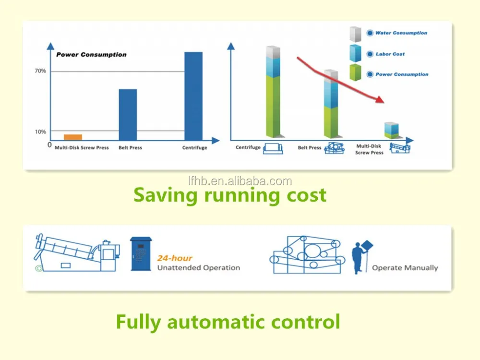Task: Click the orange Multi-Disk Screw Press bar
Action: [x=73, y=137]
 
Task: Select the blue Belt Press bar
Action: [x=128, y=115]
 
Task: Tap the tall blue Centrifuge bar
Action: [x=193, y=96]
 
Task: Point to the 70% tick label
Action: [x=40, y=71]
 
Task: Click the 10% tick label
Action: [x=40, y=132]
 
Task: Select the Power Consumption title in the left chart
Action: [x=91, y=55]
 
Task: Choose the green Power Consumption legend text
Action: [x=402, y=74]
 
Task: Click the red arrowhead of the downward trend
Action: [x=380, y=99]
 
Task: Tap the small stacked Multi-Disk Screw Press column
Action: [x=392, y=131]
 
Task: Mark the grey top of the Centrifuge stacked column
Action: [x=273, y=52]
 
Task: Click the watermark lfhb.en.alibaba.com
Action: [x=240, y=181]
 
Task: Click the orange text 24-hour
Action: [x=175, y=258]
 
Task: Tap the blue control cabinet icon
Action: [x=141, y=254]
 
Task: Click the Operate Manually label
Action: [x=405, y=268]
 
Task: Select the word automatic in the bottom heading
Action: [x=216, y=322]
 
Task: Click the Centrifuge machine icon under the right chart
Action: [x=273, y=148]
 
